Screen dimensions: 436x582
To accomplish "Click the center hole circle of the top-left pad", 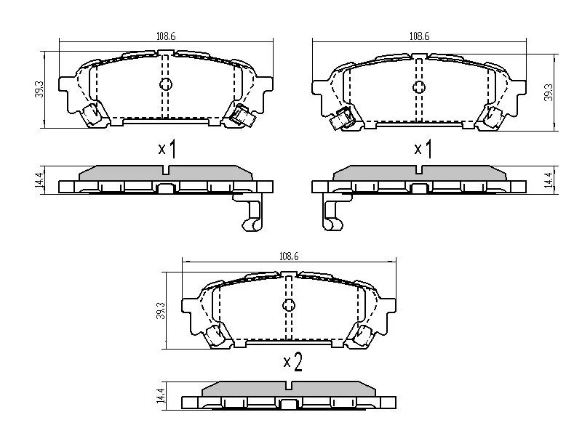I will [x=166, y=84].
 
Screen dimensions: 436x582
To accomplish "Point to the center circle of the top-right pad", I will [x=419, y=87].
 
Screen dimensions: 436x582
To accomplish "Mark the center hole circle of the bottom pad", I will [x=289, y=304].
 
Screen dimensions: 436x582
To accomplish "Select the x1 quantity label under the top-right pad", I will [x=422, y=149].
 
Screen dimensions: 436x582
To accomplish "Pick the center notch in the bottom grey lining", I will [x=291, y=387].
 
